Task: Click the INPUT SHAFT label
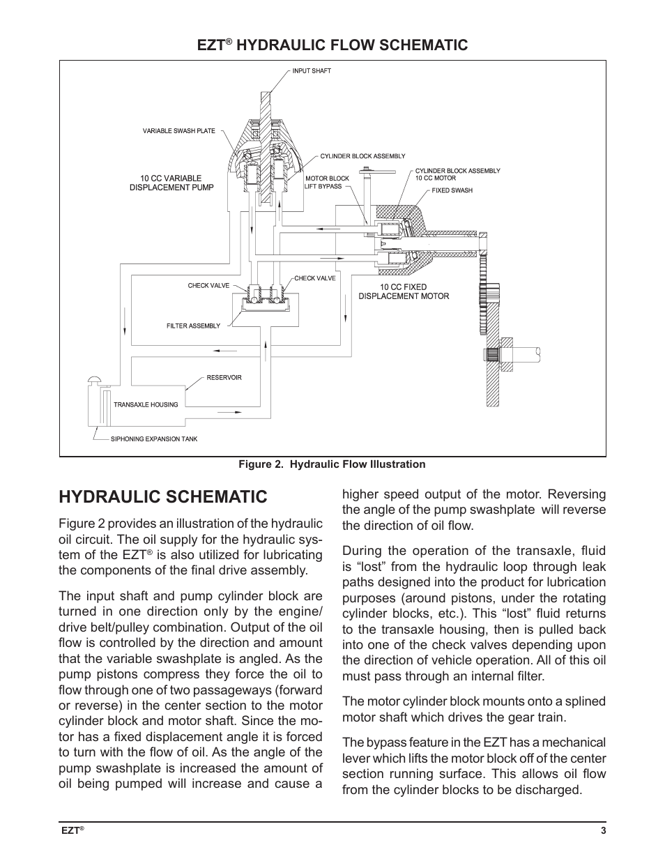(x=311, y=71)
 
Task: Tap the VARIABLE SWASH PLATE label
(x=178, y=131)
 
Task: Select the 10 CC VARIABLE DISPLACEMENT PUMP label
(x=171, y=183)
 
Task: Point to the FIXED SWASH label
(x=452, y=190)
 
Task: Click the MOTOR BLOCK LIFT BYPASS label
(x=327, y=183)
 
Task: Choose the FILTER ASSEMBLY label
(x=193, y=326)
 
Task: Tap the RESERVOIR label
(x=224, y=378)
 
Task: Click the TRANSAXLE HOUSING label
(x=146, y=404)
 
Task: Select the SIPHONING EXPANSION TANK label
(x=154, y=439)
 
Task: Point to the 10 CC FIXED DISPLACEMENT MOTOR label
(x=404, y=291)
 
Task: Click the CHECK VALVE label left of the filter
(x=208, y=286)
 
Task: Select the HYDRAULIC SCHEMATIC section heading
(x=162, y=496)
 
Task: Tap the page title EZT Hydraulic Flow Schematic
(x=332, y=45)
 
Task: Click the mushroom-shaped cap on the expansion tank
(x=96, y=380)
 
